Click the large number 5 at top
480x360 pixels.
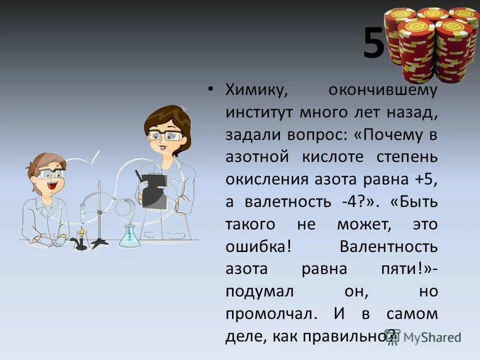(x=374, y=43)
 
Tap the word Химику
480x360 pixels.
(x=255, y=90)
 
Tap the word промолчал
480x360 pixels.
(x=271, y=313)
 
